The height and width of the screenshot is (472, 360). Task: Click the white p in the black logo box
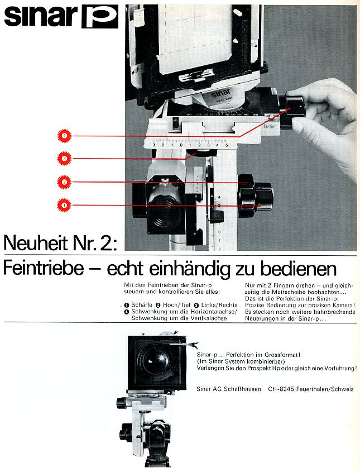[100, 17]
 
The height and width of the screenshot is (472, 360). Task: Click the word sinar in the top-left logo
[41, 16]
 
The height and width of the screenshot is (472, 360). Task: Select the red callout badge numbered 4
[64, 136]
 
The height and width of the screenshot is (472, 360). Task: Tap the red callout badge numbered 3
[64, 159]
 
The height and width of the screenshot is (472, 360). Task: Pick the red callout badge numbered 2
[64, 182]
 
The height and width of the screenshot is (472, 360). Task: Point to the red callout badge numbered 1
[64, 206]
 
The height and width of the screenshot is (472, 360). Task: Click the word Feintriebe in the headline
[44, 268]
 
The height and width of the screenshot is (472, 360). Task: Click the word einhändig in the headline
[191, 269]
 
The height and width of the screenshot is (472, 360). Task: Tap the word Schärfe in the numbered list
[142, 305]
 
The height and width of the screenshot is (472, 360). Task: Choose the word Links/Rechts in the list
[219, 305]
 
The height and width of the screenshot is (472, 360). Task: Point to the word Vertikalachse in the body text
[209, 318]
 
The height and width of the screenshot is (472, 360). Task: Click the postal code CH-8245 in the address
[281, 389]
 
